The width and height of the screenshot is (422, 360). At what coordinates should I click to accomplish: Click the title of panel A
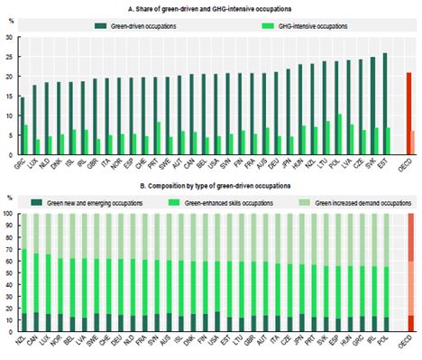(211, 6)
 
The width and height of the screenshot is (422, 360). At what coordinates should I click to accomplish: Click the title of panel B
(211, 184)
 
